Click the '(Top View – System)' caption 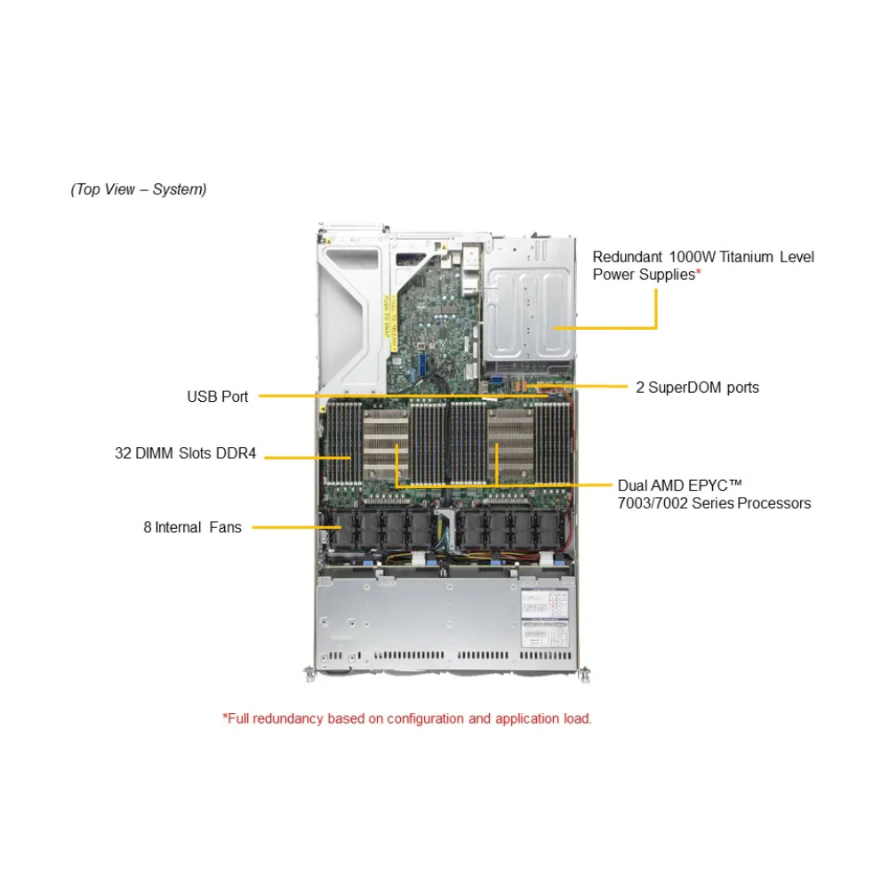139,189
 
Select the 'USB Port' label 218,396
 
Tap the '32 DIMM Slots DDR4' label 185,453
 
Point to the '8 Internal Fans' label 192,527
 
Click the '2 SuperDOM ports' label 697,388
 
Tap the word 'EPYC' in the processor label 701,485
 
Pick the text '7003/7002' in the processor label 650,503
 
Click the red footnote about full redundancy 407,718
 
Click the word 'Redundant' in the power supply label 624,257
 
